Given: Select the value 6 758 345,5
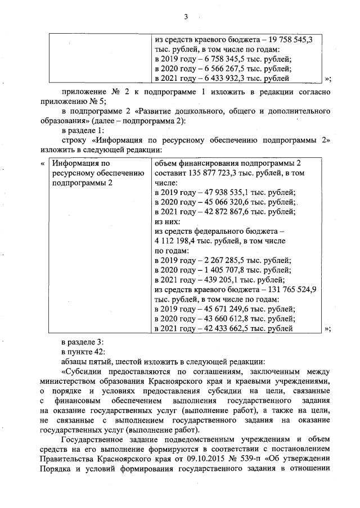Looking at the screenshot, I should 211,58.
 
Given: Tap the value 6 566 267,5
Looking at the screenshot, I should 211,69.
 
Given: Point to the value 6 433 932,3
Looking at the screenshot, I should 211,78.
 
